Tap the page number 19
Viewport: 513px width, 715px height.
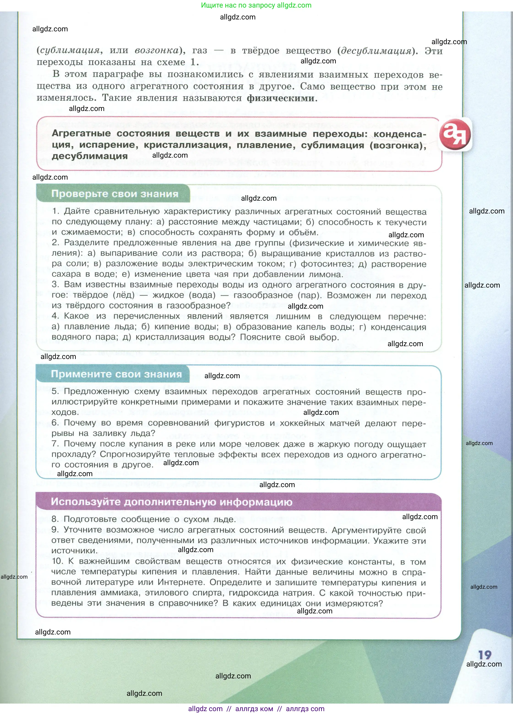point(485,655)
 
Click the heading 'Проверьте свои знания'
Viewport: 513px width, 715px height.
point(115,194)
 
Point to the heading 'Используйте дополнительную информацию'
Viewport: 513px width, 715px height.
point(172,502)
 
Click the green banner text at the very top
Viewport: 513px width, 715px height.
point(256,5)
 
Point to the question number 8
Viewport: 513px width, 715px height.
point(55,519)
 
